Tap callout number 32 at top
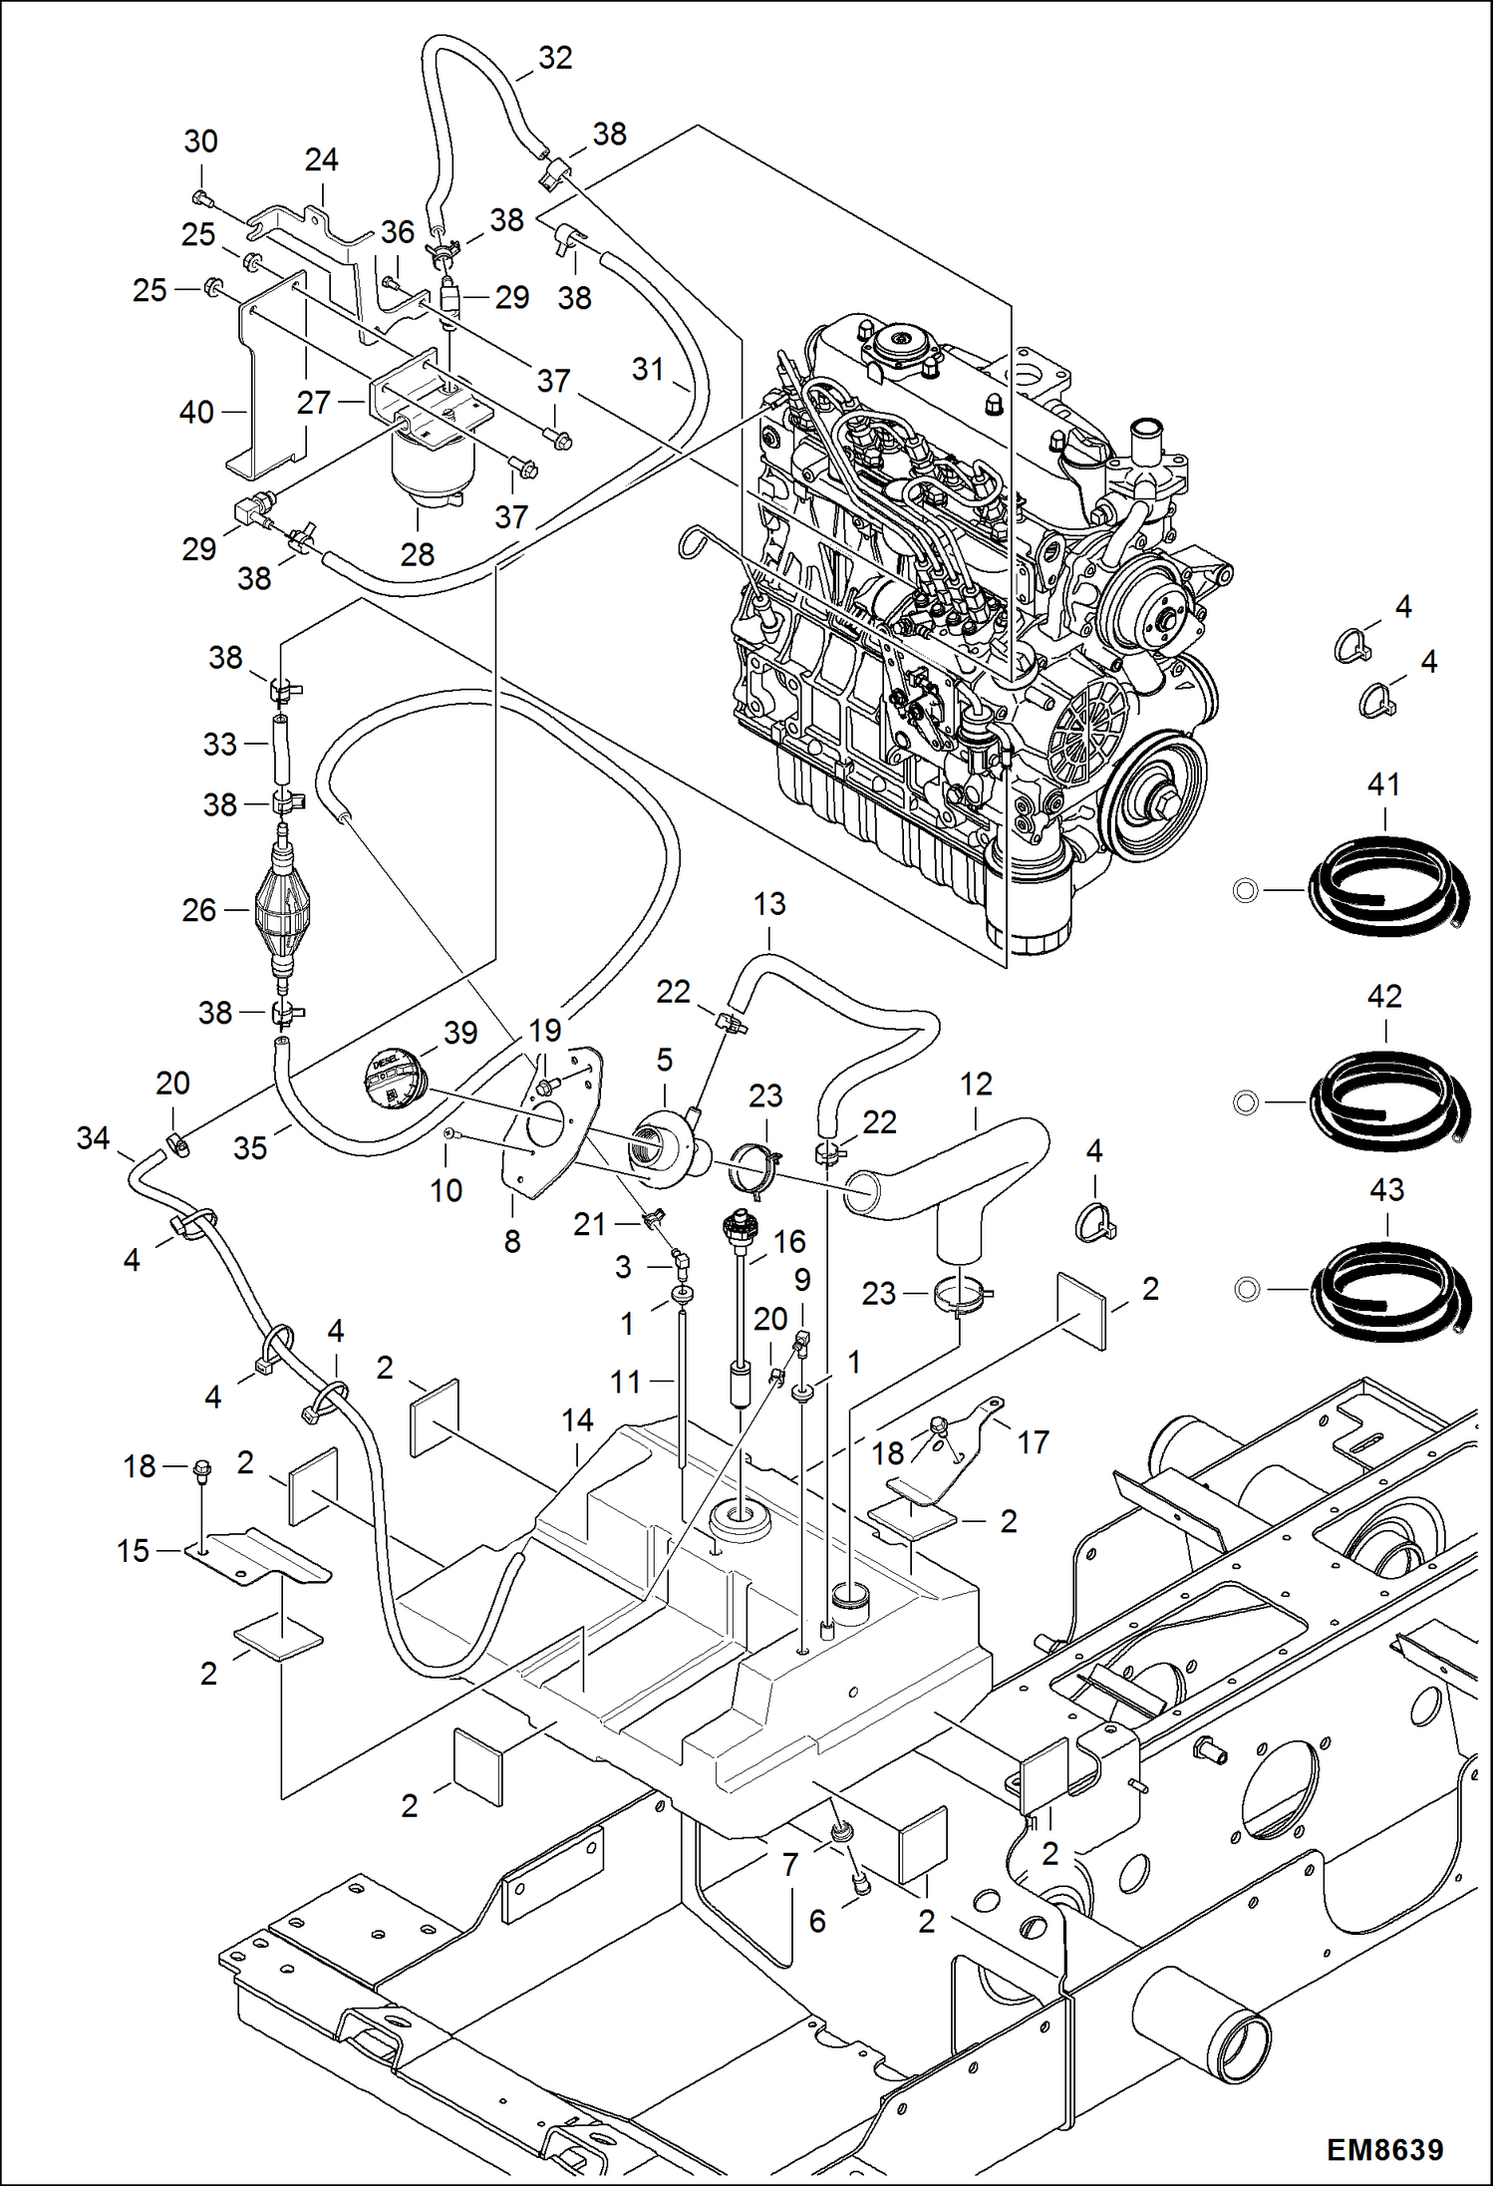pos(555,59)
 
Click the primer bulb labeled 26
pos(283,909)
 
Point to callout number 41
pos(1383,784)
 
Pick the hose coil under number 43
pos(1389,1288)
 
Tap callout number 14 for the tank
pos(577,1419)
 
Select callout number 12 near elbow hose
pos(976,1084)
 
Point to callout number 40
pos(196,412)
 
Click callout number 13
pos(768,904)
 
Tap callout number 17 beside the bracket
pos(1033,1441)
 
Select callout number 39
pos(460,1033)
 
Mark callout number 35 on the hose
pos(250,1147)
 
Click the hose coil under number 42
pos(1389,1097)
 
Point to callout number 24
pos(321,159)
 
